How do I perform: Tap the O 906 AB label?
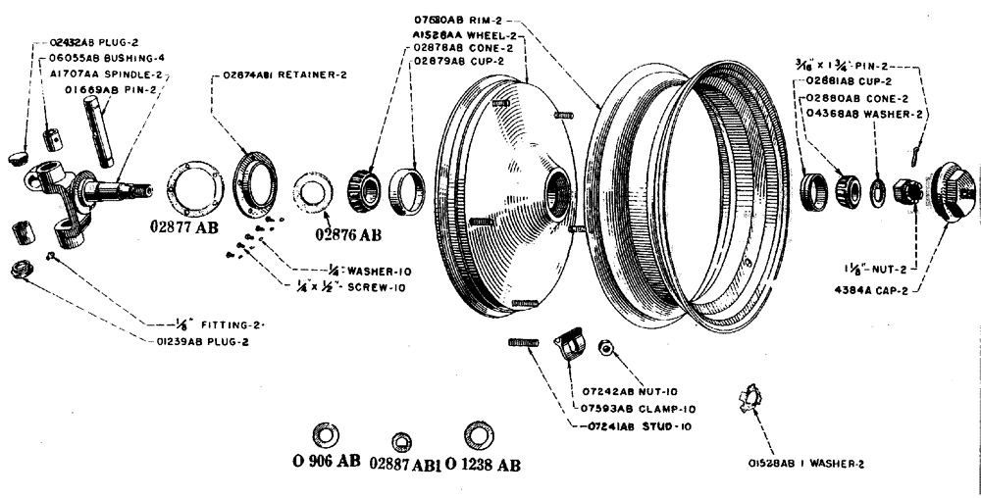tap(327, 463)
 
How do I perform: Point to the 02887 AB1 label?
tap(405, 464)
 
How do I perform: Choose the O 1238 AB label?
tap(482, 463)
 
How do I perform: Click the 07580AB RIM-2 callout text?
tap(460, 21)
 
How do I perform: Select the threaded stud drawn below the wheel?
tap(527, 342)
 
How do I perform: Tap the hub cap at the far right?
tap(950, 189)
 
